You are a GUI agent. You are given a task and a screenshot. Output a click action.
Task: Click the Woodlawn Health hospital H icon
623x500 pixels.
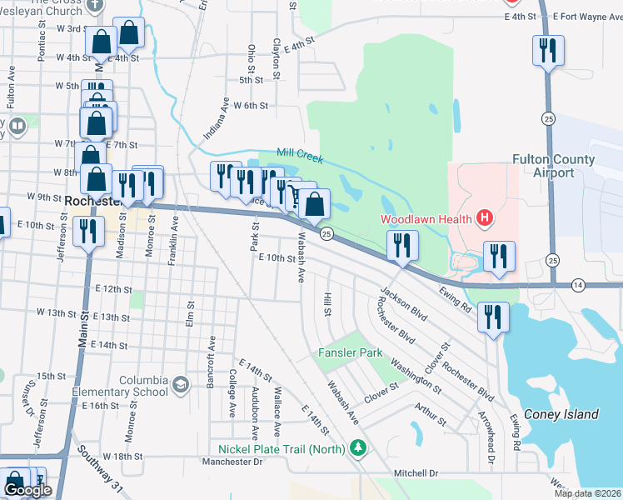pos(485,220)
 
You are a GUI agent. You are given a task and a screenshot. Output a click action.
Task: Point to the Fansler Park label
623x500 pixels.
pos(350,352)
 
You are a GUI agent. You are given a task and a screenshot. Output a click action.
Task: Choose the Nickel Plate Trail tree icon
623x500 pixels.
pos(359,450)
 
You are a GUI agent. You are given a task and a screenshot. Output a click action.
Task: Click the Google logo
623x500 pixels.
pos(27,490)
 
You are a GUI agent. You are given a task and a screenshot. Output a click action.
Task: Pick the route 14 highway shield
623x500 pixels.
pos(578,284)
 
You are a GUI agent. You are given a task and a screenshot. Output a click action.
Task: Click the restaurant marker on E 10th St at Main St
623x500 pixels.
pos(87,232)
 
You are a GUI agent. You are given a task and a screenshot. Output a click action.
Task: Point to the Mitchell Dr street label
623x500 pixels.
pos(416,473)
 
